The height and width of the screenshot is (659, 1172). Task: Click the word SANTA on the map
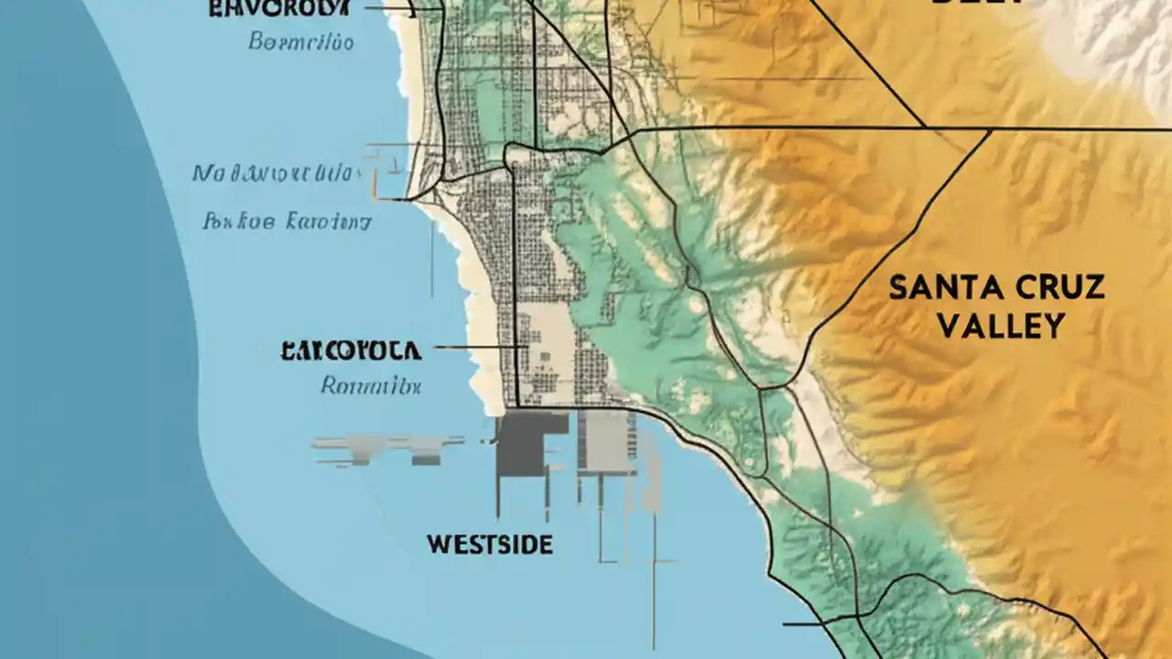click(946, 288)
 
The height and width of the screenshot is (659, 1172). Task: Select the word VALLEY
click(1001, 326)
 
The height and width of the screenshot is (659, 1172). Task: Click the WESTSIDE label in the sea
click(489, 546)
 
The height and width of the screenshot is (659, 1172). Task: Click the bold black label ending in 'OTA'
click(351, 350)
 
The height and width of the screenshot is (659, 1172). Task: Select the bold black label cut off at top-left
click(278, 9)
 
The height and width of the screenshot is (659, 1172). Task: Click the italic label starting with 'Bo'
click(301, 43)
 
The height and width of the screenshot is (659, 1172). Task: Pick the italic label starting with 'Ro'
click(371, 386)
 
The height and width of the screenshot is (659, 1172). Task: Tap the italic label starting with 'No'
click(274, 174)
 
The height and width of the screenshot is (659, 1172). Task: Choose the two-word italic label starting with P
click(286, 221)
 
